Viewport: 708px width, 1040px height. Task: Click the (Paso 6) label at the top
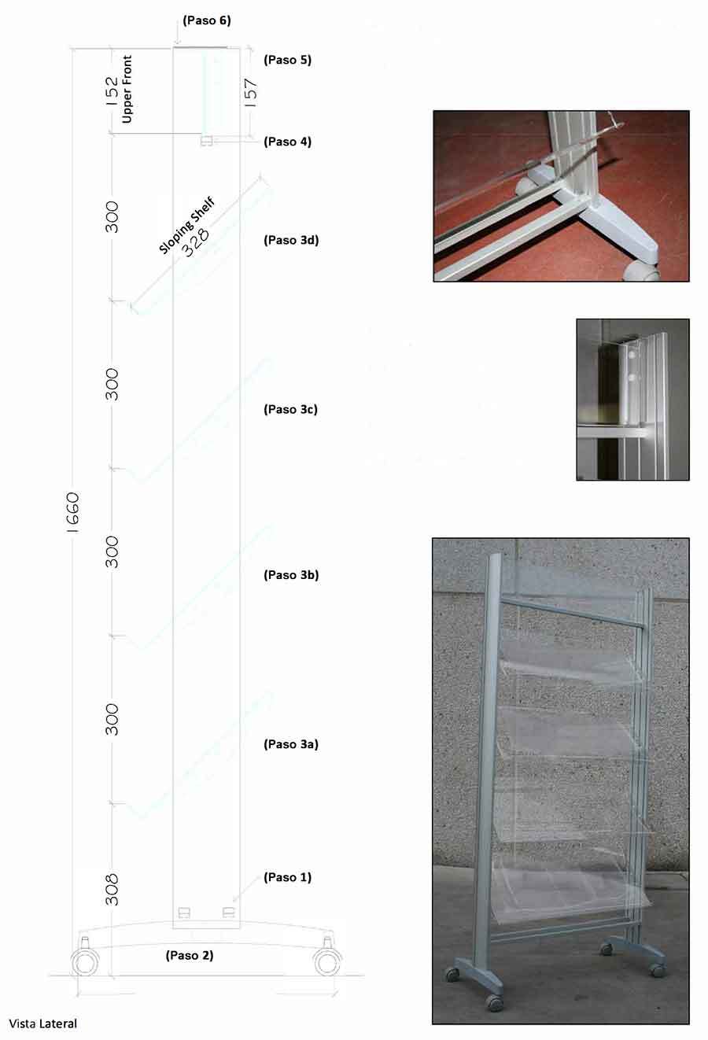207,20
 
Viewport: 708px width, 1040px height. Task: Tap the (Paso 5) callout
287,60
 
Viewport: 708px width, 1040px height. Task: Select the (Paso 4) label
287,142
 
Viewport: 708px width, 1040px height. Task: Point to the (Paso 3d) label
291,240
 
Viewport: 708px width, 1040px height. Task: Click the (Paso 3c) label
290,409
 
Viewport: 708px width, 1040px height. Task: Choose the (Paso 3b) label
291,575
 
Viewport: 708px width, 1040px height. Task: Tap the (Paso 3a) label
291,744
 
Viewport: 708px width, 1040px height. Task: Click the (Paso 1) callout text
287,877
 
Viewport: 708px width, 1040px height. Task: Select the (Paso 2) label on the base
190,955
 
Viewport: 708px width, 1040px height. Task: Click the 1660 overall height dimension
73,513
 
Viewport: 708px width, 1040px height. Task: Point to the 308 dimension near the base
112,890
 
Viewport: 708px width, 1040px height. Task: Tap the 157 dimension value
250,93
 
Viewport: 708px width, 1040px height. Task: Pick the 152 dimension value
112,91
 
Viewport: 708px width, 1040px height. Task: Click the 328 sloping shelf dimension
195,242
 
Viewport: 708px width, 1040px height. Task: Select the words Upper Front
127,89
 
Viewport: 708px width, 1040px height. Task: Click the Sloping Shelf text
186,226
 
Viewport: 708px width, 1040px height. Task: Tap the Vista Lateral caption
43,1023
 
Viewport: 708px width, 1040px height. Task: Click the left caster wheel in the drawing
84,962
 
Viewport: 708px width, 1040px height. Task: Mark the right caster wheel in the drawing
328,962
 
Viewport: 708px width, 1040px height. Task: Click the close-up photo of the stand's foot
562,196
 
